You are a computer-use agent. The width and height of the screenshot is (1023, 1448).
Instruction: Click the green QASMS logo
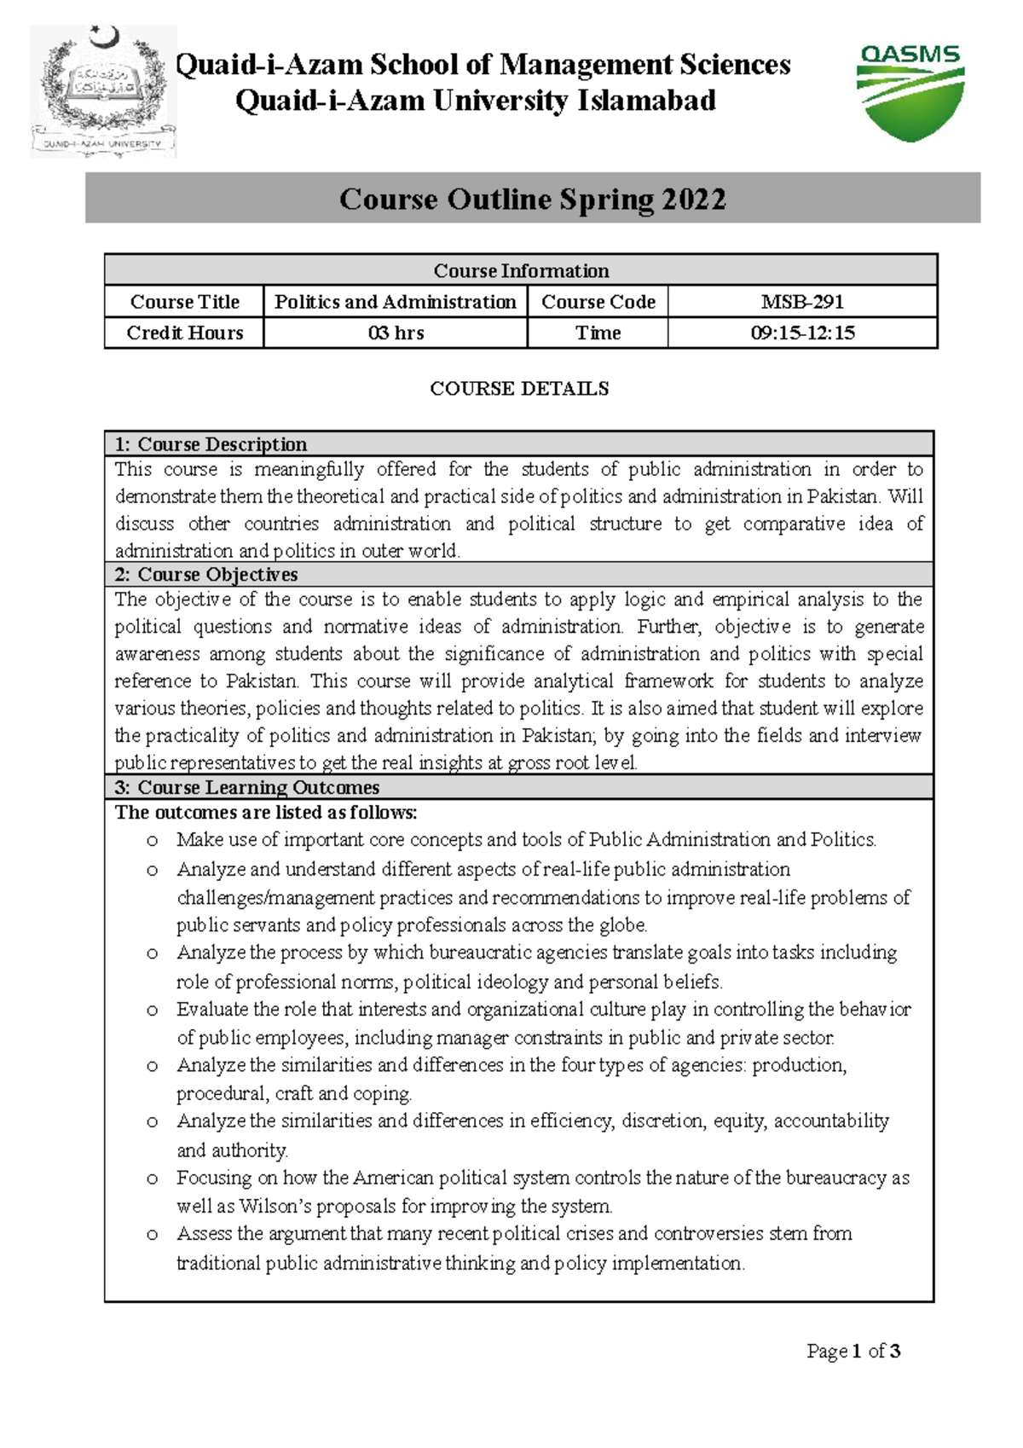click(x=910, y=92)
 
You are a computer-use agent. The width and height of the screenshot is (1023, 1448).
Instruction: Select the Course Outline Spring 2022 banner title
click(x=533, y=199)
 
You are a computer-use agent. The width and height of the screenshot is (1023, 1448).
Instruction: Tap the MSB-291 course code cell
click(x=802, y=302)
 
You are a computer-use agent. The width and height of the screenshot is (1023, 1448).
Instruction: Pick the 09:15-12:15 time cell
click(x=802, y=333)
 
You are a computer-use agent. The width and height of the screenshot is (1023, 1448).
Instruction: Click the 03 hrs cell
click(x=396, y=333)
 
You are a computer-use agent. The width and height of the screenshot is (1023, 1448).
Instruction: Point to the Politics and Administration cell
click(x=396, y=302)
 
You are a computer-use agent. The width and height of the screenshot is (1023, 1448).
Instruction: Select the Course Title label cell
click(x=185, y=302)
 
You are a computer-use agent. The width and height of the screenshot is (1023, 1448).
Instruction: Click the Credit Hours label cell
click(x=185, y=333)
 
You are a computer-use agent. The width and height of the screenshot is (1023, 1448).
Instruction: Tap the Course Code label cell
click(x=598, y=302)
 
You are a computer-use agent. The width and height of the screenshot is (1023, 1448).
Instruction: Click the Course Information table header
click(x=521, y=270)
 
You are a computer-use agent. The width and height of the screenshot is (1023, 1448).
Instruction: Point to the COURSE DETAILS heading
click(x=519, y=389)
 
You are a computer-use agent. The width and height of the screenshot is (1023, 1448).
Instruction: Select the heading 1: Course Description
click(x=211, y=444)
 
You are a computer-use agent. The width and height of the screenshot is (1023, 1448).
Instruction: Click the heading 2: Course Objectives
click(x=206, y=574)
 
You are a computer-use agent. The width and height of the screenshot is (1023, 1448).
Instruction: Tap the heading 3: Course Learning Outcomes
click(x=247, y=787)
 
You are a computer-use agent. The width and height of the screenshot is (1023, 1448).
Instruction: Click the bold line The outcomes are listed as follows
click(x=266, y=812)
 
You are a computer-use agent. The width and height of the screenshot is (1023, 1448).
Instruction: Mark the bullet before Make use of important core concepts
click(x=153, y=841)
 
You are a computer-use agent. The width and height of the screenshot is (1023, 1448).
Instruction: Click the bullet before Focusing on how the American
click(x=153, y=1179)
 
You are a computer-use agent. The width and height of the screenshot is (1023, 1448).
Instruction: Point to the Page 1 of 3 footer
click(x=853, y=1351)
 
